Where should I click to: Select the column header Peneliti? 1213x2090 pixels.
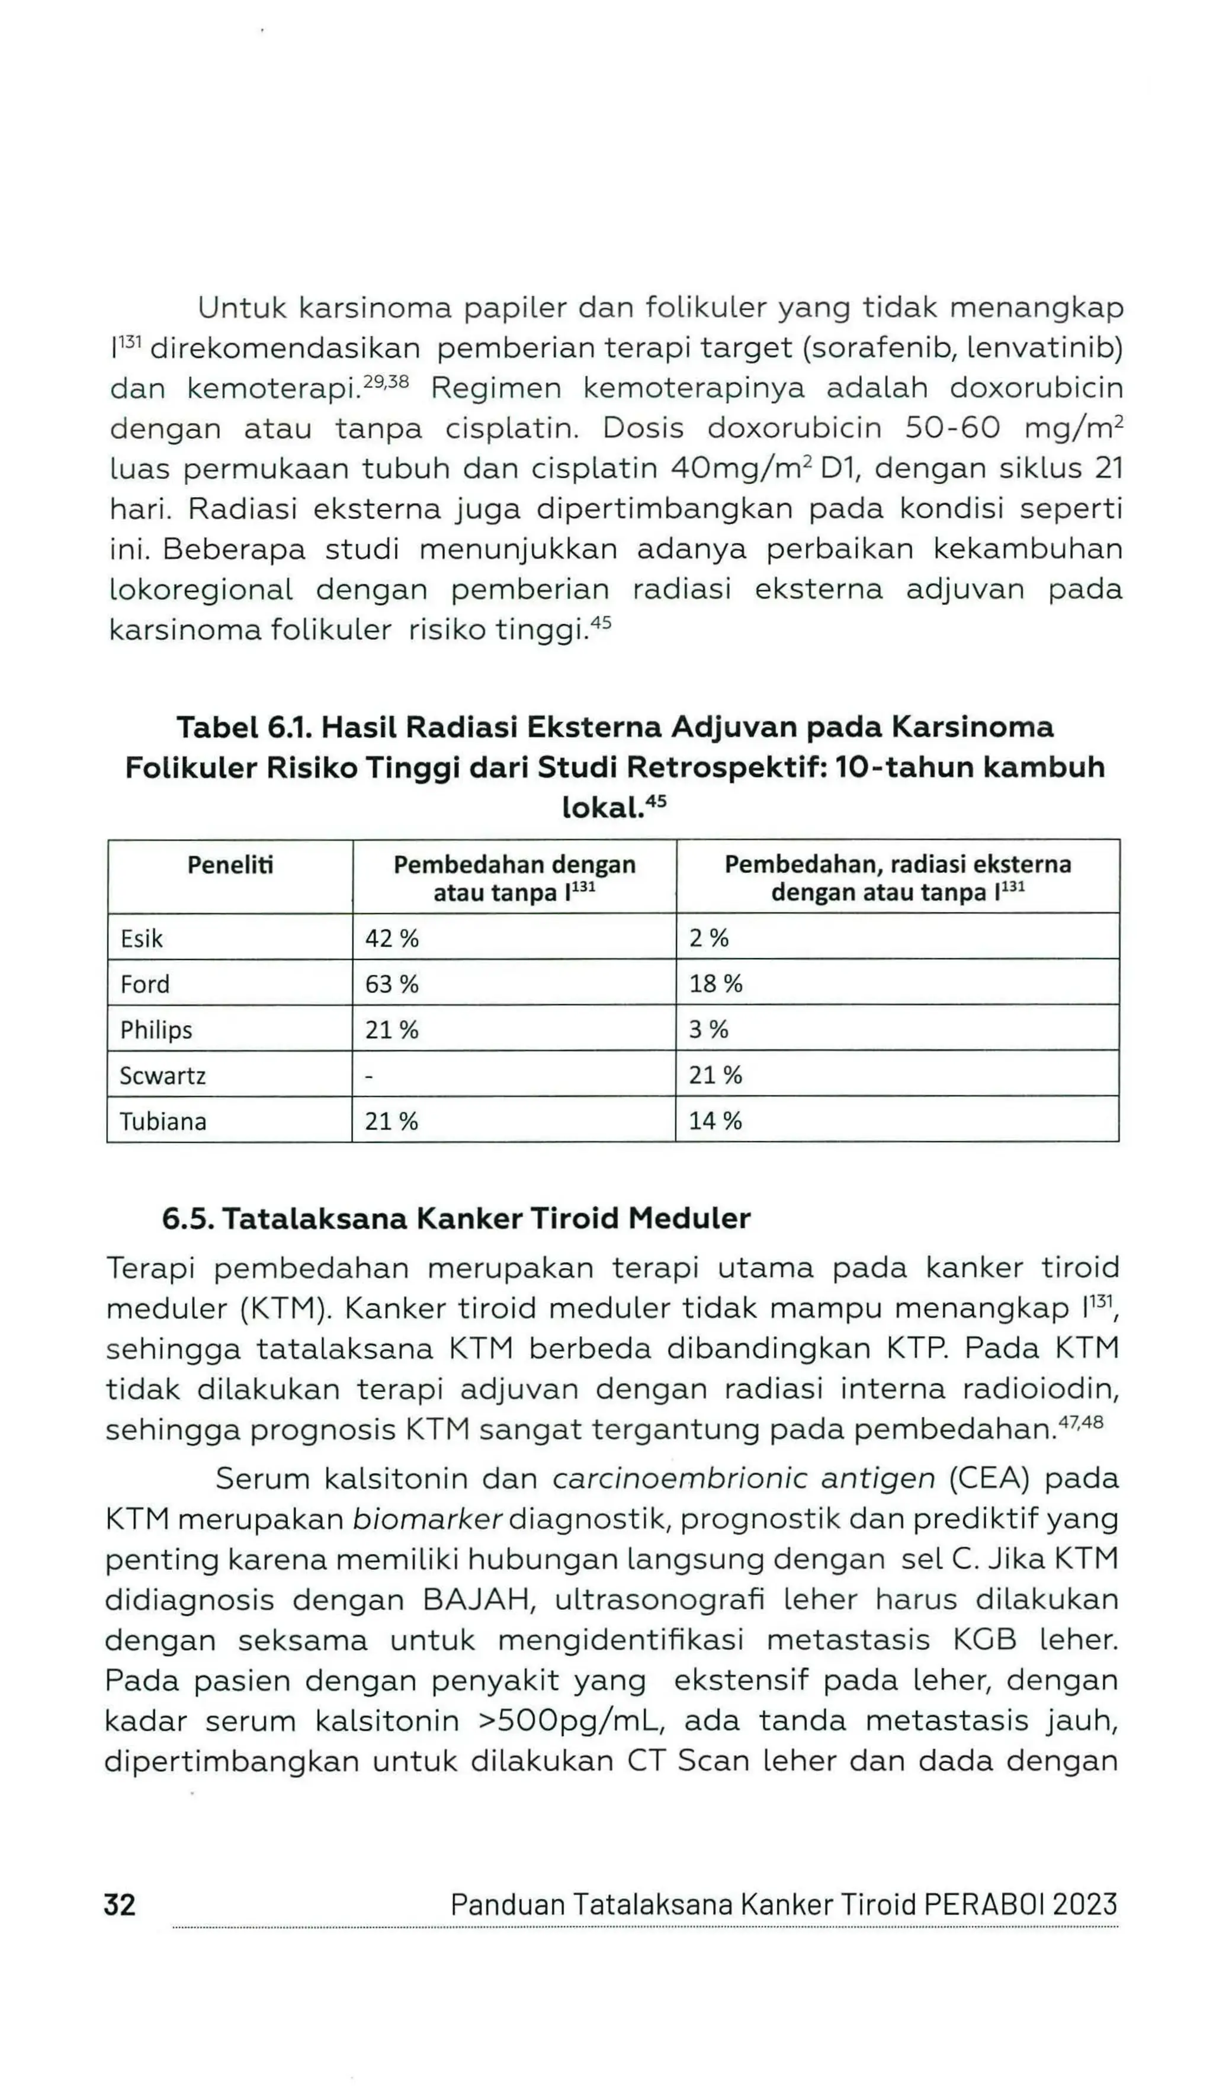230,865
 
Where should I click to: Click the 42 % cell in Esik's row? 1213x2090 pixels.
392,938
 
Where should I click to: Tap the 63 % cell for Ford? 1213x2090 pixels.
392,984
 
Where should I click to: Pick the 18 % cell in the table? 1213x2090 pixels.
715,984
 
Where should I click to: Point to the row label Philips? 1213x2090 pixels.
156,1030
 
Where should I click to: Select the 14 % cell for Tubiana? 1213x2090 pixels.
715,1121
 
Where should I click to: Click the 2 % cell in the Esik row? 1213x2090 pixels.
709,938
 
